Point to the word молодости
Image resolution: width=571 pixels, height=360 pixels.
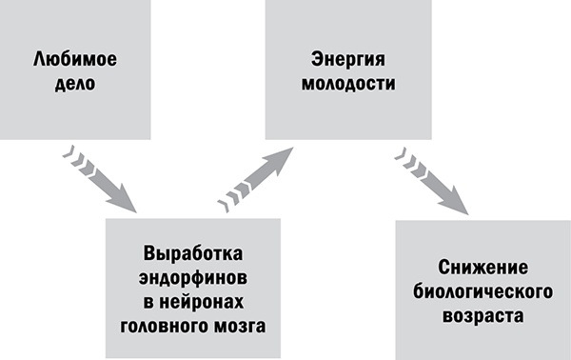coord(341,85)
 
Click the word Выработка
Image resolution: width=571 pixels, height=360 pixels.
coord(193,254)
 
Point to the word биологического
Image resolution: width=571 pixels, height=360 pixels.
coord(482,290)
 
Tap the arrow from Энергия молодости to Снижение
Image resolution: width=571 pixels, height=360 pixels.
coord(433,180)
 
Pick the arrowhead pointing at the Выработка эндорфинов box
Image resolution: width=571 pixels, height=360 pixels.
coord(124,201)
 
